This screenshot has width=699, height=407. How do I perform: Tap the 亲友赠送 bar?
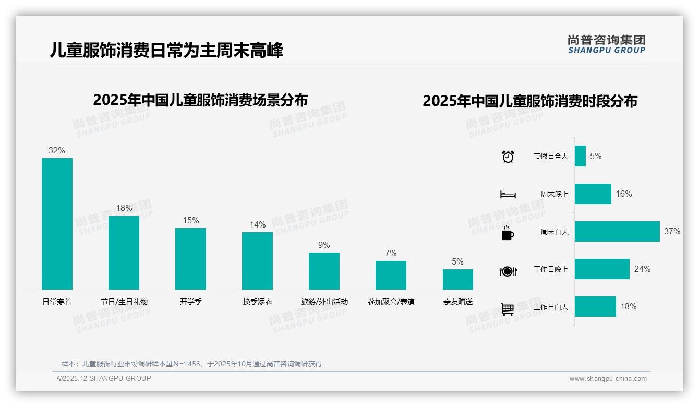click(x=457, y=279)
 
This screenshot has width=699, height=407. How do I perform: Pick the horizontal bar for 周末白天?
click(x=617, y=231)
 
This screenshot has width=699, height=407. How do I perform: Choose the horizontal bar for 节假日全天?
click(x=580, y=156)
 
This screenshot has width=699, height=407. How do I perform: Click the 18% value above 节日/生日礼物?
click(x=124, y=208)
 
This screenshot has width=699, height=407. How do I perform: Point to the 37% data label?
click(x=672, y=231)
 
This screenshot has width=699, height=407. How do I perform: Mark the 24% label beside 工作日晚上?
click(x=642, y=269)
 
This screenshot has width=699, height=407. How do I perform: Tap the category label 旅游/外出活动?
click(x=324, y=302)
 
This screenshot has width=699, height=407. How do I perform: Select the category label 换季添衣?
click(x=257, y=302)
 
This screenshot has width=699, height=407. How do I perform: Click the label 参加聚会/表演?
click(x=391, y=302)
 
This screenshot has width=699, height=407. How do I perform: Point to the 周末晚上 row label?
click(x=554, y=194)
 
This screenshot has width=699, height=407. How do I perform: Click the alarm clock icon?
click(x=508, y=157)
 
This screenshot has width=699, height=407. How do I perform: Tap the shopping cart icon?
click(x=508, y=309)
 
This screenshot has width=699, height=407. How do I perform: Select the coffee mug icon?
click(x=508, y=233)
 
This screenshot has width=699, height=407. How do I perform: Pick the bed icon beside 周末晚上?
click(x=508, y=195)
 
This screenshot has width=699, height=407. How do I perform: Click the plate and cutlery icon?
click(x=508, y=271)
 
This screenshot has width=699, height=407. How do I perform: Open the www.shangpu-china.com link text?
click(x=608, y=379)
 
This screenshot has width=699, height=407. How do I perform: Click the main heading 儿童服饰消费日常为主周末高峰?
click(x=166, y=51)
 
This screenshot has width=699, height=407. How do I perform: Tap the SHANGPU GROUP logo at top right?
click(x=606, y=44)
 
